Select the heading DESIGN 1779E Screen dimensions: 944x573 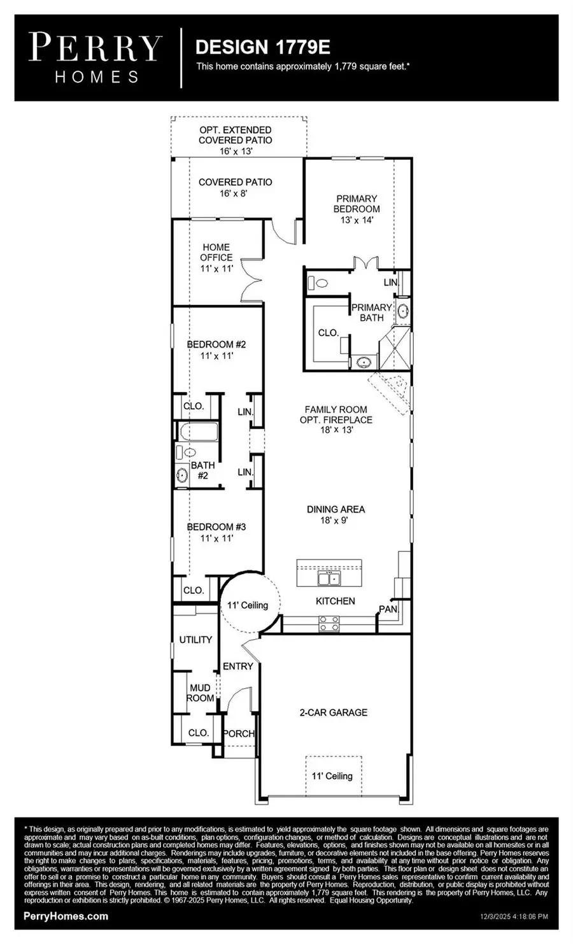point(262,47)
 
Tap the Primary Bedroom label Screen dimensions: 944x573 point(357,209)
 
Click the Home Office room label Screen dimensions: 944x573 point(216,257)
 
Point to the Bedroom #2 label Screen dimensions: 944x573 point(216,349)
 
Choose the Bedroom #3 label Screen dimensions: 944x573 point(216,532)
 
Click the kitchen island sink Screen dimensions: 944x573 point(329,578)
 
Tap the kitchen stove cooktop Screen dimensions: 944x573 point(329,623)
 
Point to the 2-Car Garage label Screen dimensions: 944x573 point(334,712)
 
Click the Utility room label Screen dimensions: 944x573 point(195,639)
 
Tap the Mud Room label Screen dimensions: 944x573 point(200,693)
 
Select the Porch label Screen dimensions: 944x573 point(239,733)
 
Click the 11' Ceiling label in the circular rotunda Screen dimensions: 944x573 point(248,605)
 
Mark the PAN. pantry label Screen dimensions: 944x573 point(388,609)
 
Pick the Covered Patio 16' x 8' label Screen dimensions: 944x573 point(236,187)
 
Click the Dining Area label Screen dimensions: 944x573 point(336,514)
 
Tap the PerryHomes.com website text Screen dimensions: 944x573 point(66,916)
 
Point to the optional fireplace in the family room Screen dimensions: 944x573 point(390,390)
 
